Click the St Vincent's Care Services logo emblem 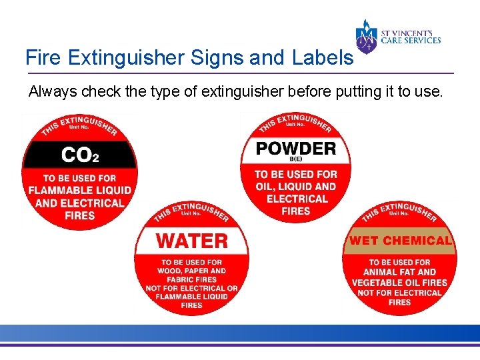coord(366,37)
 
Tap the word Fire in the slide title coord(41,57)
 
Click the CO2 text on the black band coord(80,155)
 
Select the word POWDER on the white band coord(296,147)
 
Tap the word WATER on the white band coord(191,240)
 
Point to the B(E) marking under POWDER coord(296,159)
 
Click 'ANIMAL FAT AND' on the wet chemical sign coord(400,272)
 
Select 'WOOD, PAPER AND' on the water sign coord(191,271)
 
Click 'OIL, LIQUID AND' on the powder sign coord(296,187)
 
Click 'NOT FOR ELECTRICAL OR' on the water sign coord(191,288)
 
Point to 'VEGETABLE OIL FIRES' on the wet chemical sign coord(400,282)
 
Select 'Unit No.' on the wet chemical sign coord(400,213)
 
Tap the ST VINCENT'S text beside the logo coord(411,31)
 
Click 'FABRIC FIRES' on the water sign coord(191,279)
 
